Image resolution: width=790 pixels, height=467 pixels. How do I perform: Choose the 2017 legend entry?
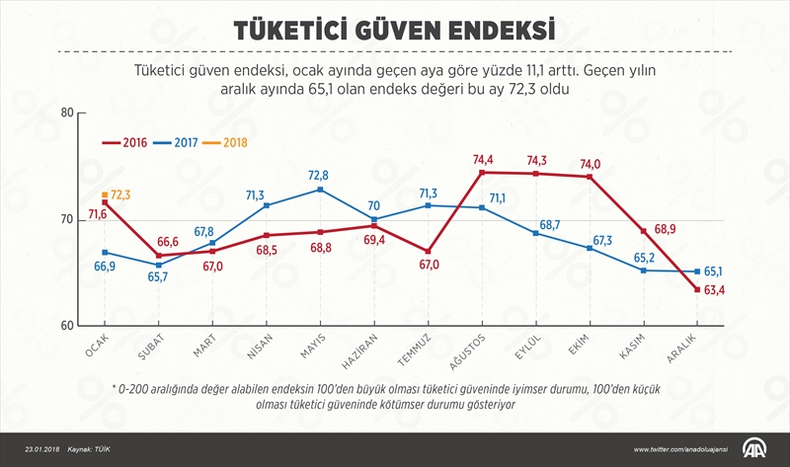click(x=183, y=142)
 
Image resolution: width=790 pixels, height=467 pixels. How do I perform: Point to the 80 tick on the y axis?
click(x=67, y=112)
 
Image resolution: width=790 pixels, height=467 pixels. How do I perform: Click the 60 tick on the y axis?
click(x=67, y=326)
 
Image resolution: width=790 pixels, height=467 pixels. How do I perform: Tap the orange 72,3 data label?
click(x=130, y=195)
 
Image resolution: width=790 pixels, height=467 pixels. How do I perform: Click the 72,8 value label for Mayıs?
click(x=318, y=175)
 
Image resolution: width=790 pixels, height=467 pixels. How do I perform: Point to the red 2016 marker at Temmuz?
click(x=427, y=251)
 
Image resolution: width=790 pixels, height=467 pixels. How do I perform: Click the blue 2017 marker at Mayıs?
click(x=319, y=189)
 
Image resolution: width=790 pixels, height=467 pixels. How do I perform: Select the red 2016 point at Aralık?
click(x=697, y=289)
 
